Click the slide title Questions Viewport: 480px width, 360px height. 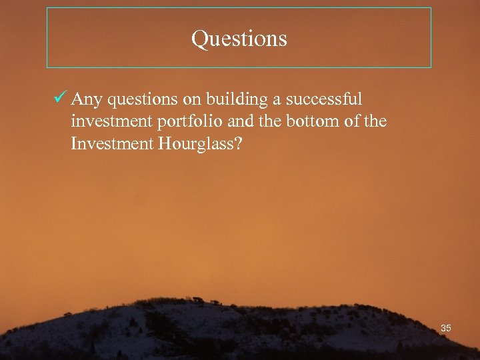[239, 39]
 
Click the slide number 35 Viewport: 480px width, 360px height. [446, 328]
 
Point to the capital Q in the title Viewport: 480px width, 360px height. [199, 39]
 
